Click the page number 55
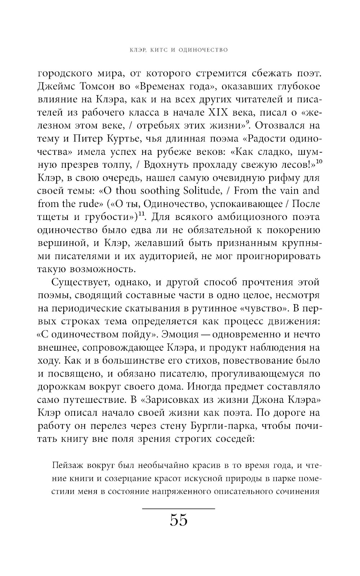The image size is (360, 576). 179,520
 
